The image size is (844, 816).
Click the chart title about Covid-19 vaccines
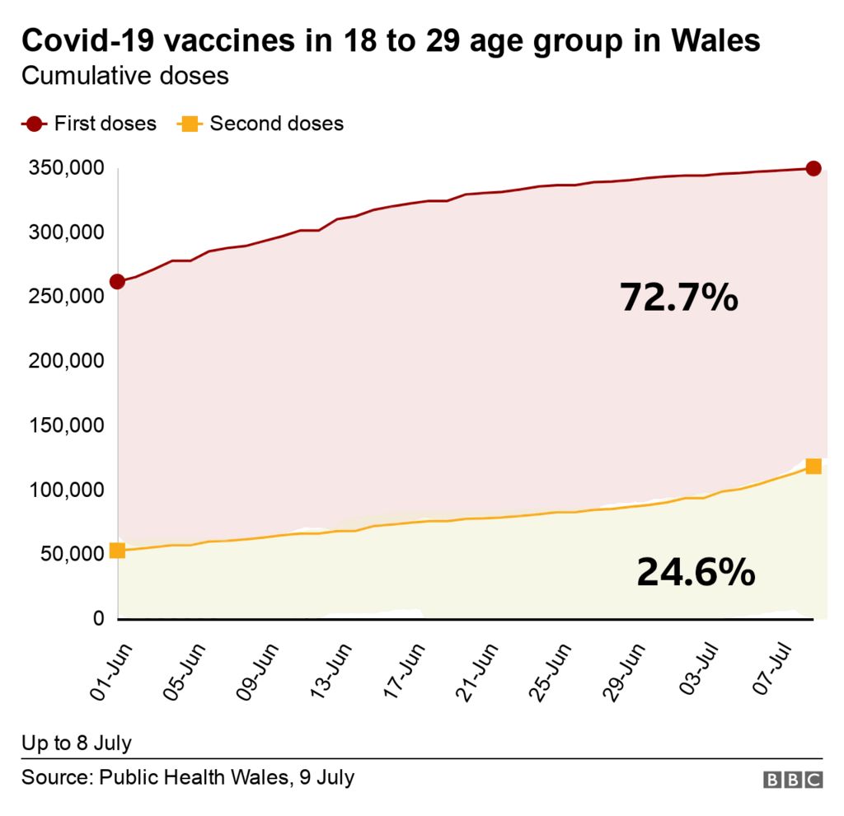391,40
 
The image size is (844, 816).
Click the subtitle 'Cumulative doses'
124,77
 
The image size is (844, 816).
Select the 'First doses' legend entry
89,124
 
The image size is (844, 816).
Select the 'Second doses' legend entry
261,124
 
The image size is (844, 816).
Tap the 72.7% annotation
678,297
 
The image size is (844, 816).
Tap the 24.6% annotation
696,572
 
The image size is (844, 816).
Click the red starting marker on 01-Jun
118,282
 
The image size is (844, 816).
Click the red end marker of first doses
813,169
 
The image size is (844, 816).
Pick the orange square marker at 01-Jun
118,551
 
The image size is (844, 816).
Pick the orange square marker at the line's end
813,467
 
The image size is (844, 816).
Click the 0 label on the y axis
97,618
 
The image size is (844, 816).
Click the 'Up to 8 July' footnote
77,743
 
